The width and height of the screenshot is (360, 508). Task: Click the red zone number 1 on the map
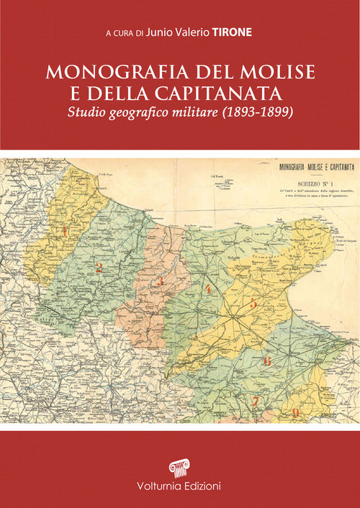tap(66, 231)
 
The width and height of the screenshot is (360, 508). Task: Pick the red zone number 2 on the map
tap(99, 268)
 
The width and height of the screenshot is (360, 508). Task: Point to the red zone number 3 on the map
tap(161, 281)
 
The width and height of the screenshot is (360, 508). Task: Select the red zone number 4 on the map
tap(207, 289)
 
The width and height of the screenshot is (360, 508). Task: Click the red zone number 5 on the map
tap(253, 304)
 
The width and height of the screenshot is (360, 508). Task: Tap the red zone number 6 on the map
tap(268, 361)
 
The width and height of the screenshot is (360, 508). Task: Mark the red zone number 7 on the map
tap(254, 402)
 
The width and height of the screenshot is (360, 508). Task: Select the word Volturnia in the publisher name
tap(157, 489)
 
